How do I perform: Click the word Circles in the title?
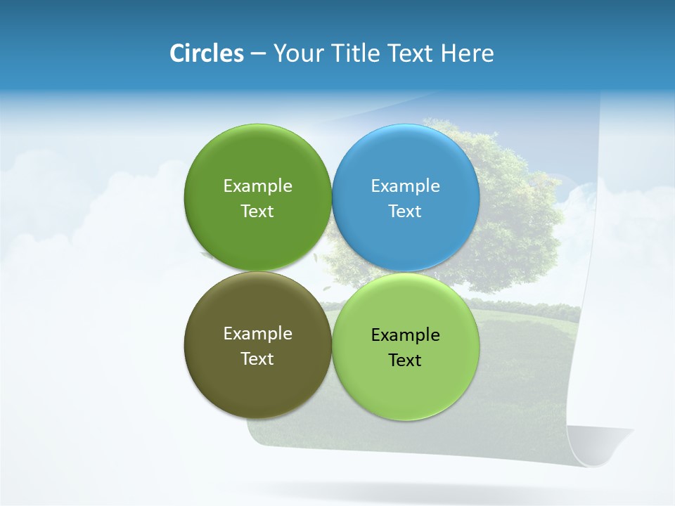(206, 53)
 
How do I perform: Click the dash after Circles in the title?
(257, 54)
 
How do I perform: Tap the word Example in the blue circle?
(406, 186)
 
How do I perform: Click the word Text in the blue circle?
(406, 212)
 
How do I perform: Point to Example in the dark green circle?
(257, 186)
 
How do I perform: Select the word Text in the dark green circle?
(257, 212)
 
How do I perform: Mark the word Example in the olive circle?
(257, 334)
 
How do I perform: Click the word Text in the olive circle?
(257, 359)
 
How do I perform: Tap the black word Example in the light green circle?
(406, 335)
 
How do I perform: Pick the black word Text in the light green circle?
(406, 361)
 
